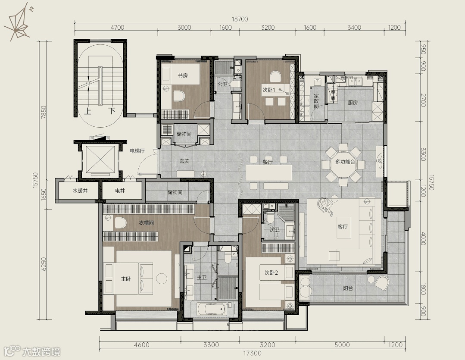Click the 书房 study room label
coord(183,75)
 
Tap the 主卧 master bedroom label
coord(126,279)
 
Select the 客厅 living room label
coord(343,227)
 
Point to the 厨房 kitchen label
coord(353,103)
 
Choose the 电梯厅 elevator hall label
coord(137,151)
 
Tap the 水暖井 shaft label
coord(80,191)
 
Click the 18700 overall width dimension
coord(240,19)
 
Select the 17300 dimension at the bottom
coord(253,353)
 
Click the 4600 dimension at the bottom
coord(142,345)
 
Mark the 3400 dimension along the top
coord(354,28)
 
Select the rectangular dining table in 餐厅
coord(268,172)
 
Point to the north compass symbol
coord(18,22)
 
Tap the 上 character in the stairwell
coord(88,111)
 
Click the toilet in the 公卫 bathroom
coord(236,84)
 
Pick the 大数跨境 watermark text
coord(41,352)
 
